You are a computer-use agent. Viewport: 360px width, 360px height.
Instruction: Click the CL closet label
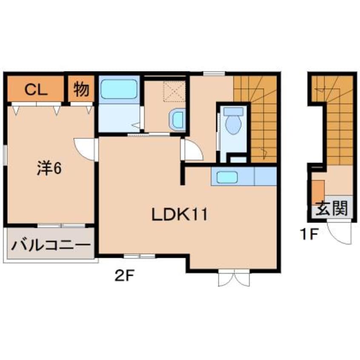coord(36,90)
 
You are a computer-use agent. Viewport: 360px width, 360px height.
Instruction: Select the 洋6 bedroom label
coord(49,169)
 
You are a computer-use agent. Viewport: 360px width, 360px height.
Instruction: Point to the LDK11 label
coord(180,214)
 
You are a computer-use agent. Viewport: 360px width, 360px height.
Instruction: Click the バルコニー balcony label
coord(51,245)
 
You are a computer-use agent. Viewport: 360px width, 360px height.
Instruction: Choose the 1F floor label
coord(309,234)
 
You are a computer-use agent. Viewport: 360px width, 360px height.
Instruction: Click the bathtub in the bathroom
coord(119,89)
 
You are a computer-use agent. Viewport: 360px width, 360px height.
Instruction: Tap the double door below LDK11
coord(234,278)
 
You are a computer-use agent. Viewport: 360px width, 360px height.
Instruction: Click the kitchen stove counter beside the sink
coord(266,176)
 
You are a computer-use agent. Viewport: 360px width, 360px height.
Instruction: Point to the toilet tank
coord(233,111)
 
